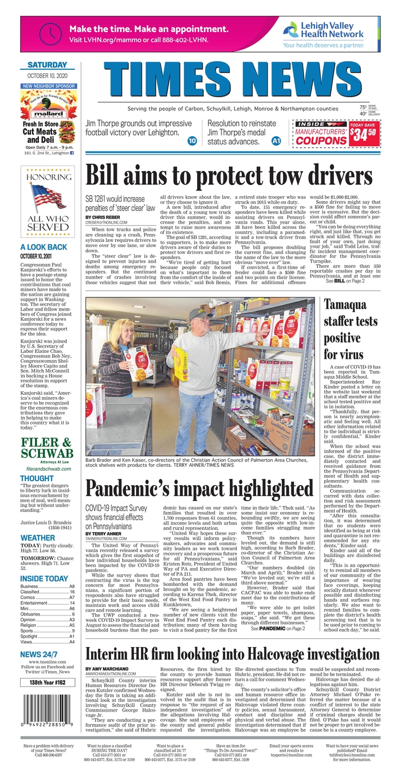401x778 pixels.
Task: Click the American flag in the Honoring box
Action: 48,196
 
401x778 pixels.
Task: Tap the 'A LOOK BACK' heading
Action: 44,247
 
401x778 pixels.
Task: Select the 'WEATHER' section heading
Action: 38,538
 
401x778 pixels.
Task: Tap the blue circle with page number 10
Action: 192,140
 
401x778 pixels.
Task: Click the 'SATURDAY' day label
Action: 48,65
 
